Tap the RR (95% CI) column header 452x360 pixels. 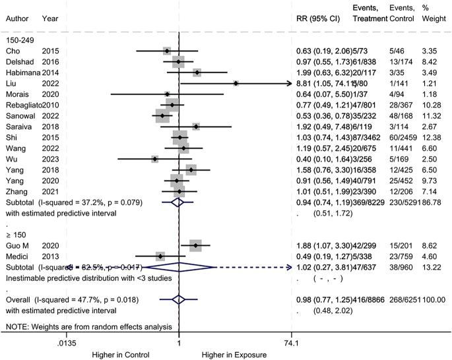(318, 36)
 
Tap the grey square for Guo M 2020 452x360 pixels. (195, 245)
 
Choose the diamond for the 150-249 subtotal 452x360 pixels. (176, 203)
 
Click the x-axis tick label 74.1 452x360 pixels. (291, 343)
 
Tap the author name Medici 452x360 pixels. (16, 256)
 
